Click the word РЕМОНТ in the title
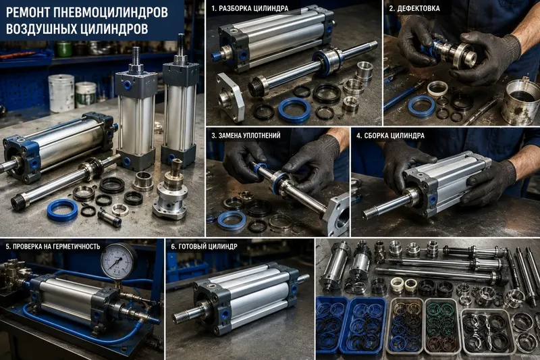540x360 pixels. (x=26, y=13)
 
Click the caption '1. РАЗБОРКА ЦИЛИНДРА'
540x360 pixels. (x=250, y=9)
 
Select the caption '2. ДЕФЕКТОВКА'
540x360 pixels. (x=414, y=9)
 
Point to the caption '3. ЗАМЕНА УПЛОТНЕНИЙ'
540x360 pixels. (x=246, y=135)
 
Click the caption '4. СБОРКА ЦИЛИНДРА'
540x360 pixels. (x=390, y=135)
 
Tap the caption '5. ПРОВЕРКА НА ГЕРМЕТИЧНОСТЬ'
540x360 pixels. (x=53, y=247)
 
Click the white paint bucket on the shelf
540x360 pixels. (x=61, y=93)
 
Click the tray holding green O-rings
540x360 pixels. (x=442, y=326)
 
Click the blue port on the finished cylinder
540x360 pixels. (x=225, y=313)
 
